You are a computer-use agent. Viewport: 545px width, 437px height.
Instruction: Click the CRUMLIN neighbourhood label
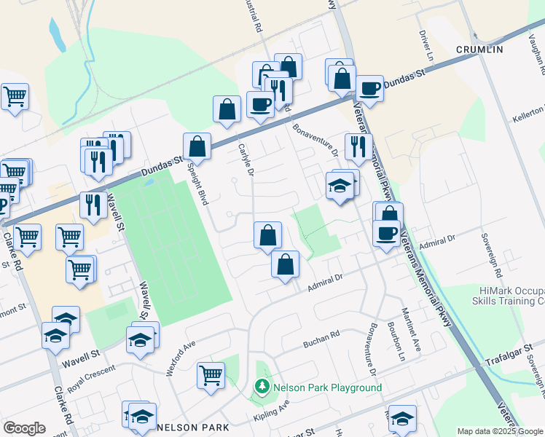click(479, 49)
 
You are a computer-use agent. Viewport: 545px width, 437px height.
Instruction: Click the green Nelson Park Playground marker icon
click(260, 387)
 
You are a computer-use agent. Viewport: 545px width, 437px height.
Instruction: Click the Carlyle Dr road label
click(246, 160)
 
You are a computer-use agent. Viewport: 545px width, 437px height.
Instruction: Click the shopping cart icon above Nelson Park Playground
click(211, 375)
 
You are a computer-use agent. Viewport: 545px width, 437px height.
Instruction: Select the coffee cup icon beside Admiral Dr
click(386, 233)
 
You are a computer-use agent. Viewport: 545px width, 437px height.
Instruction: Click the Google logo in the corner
click(24, 428)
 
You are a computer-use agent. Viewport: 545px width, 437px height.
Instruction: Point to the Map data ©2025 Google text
click(500, 431)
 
